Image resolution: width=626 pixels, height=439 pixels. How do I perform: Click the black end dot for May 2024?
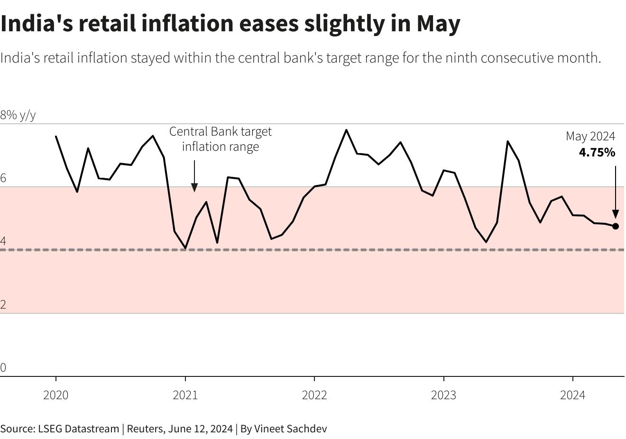(x=616, y=226)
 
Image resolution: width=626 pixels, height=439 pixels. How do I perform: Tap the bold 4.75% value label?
(x=597, y=153)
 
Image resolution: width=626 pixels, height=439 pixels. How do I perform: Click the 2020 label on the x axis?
(x=56, y=395)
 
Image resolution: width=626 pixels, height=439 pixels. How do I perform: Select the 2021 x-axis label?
(x=185, y=395)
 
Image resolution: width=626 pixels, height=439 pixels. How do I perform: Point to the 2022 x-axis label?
(x=314, y=395)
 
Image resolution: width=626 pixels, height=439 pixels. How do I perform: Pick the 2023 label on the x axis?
(x=443, y=395)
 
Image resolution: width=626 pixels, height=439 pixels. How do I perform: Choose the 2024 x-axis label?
(x=572, y=395)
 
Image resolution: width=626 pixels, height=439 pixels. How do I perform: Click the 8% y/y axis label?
(x=18, y=115)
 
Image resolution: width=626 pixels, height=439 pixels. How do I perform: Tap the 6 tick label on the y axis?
(x=3, y=178)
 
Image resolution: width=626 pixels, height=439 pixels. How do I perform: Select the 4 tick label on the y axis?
(x=3, y=241)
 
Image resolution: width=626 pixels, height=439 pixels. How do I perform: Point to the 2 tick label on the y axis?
(x=3, y=304)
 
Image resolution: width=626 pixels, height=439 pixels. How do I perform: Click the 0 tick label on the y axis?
(x=3, y=367)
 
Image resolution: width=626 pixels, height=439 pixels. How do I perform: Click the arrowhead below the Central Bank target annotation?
(x=194, y=187)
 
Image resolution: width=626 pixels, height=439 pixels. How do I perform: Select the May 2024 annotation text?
(x=590, y=137)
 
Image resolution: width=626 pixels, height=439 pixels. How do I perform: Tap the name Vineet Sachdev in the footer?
(x=290, y=429)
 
